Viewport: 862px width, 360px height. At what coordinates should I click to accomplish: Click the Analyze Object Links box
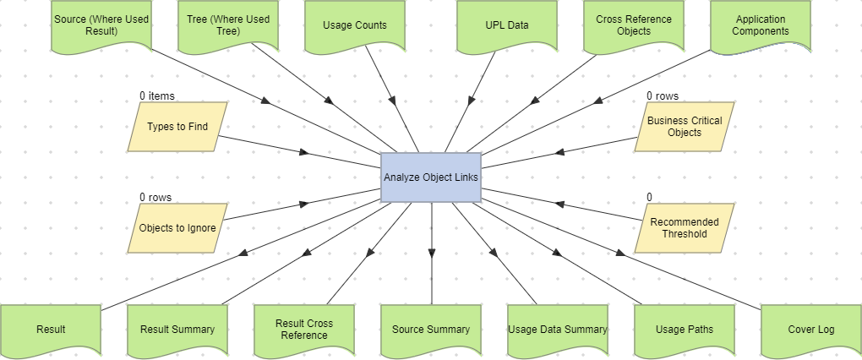click(x=431, y=177)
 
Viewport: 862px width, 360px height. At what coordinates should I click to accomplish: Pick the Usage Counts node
click(x=355, y=25)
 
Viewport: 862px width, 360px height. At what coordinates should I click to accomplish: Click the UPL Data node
click(x=507, y=25)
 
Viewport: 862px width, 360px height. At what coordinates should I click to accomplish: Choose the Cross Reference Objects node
click(x=634, y=25)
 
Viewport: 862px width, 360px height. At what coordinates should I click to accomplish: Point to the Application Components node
click(x=761, y=25)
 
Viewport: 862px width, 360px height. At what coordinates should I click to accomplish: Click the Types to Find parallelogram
click(x=177, y=127)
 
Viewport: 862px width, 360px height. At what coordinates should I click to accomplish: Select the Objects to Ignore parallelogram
click(x=177, y=228)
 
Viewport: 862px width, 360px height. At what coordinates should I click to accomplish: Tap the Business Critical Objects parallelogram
click(x=685, y=127)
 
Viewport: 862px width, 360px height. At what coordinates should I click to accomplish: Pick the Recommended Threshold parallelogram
click(x=685, y=228)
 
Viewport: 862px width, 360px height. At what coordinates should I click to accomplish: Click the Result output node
click(x=51, y=330)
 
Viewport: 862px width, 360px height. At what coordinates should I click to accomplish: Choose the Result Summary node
click(x=177, y=330)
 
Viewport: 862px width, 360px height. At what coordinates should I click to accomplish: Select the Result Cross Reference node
click(x=304, y=330)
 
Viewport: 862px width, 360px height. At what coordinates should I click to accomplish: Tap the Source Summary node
click(x=431, y=330)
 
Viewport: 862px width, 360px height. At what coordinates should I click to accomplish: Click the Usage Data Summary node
click(x=558, y=330)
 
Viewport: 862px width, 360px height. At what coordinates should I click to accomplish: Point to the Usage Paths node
click(x=685, y=330)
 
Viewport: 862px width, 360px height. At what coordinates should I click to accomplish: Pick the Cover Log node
click(x=811, y=330)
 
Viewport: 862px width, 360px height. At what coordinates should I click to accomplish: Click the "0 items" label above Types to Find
click(x=157, y=96)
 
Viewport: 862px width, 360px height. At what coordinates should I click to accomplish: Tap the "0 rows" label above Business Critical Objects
click(x=663, y=96)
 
